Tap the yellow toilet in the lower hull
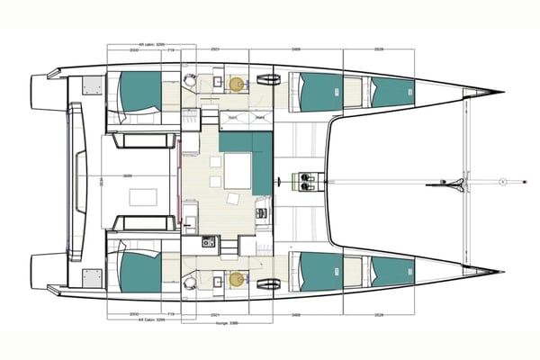(237, 279)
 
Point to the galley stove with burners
(208, 242)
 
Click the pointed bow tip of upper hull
(500, 92)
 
